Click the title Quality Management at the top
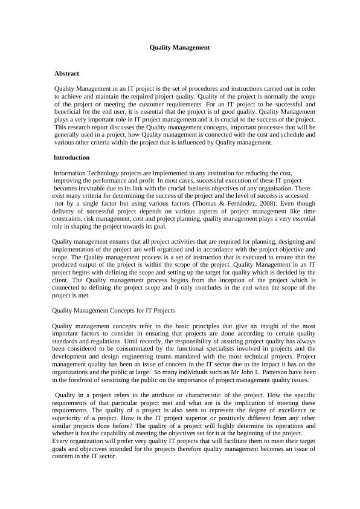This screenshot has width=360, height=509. point(179,47)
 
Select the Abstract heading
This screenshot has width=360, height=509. point(66,73)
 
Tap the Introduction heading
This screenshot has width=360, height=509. point(71,157)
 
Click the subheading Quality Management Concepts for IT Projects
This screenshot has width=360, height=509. point(114,310)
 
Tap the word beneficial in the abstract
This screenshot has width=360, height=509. point(68,120)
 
